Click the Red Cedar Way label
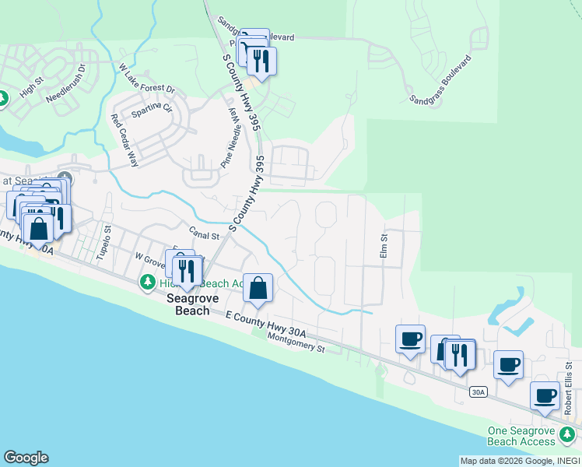tap(124, 141)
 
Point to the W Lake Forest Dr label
tap(146, 80)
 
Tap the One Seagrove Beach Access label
tap(521, 436)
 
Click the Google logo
tap(26, 458)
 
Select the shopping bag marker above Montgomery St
tap(258, 290)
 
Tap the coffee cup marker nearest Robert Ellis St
tap(545, 395)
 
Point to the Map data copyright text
tap(518, 461)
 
